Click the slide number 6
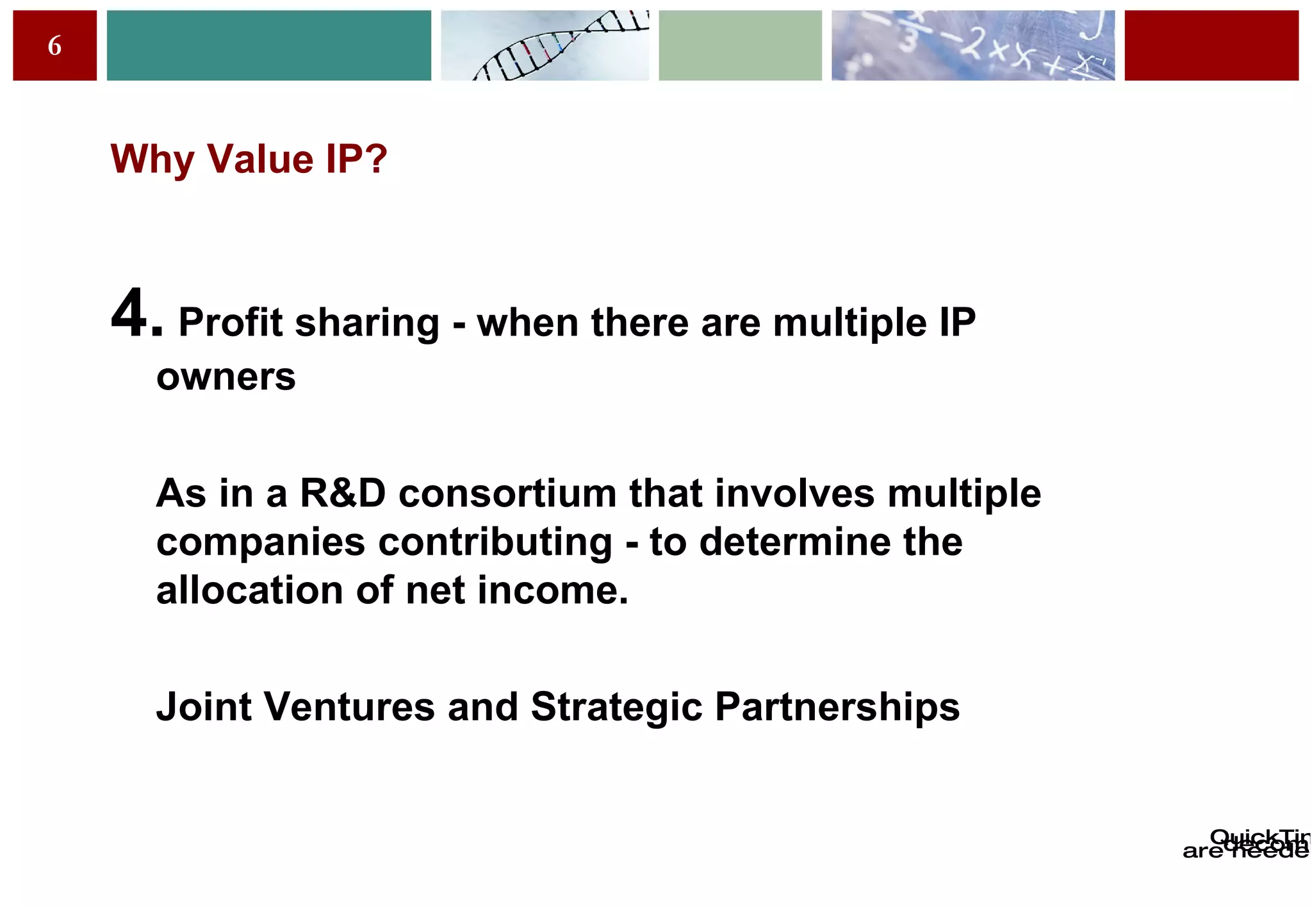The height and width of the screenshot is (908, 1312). coord(54,46)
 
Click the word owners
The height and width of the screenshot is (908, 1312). coord(225,377)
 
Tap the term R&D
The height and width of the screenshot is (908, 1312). coord(343,494)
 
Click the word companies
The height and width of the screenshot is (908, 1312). coord(260,542)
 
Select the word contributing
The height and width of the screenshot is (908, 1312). coord(495,542)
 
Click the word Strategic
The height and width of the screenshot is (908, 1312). coord(616,707)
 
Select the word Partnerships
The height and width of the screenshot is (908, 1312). coord(837,707)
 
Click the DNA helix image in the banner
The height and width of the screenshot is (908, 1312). coord(545,45)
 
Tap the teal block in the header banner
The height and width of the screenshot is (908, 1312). coord(268,45)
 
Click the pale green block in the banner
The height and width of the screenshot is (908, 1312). coord(740,45)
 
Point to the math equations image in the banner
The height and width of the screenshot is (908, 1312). coord(972,45)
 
